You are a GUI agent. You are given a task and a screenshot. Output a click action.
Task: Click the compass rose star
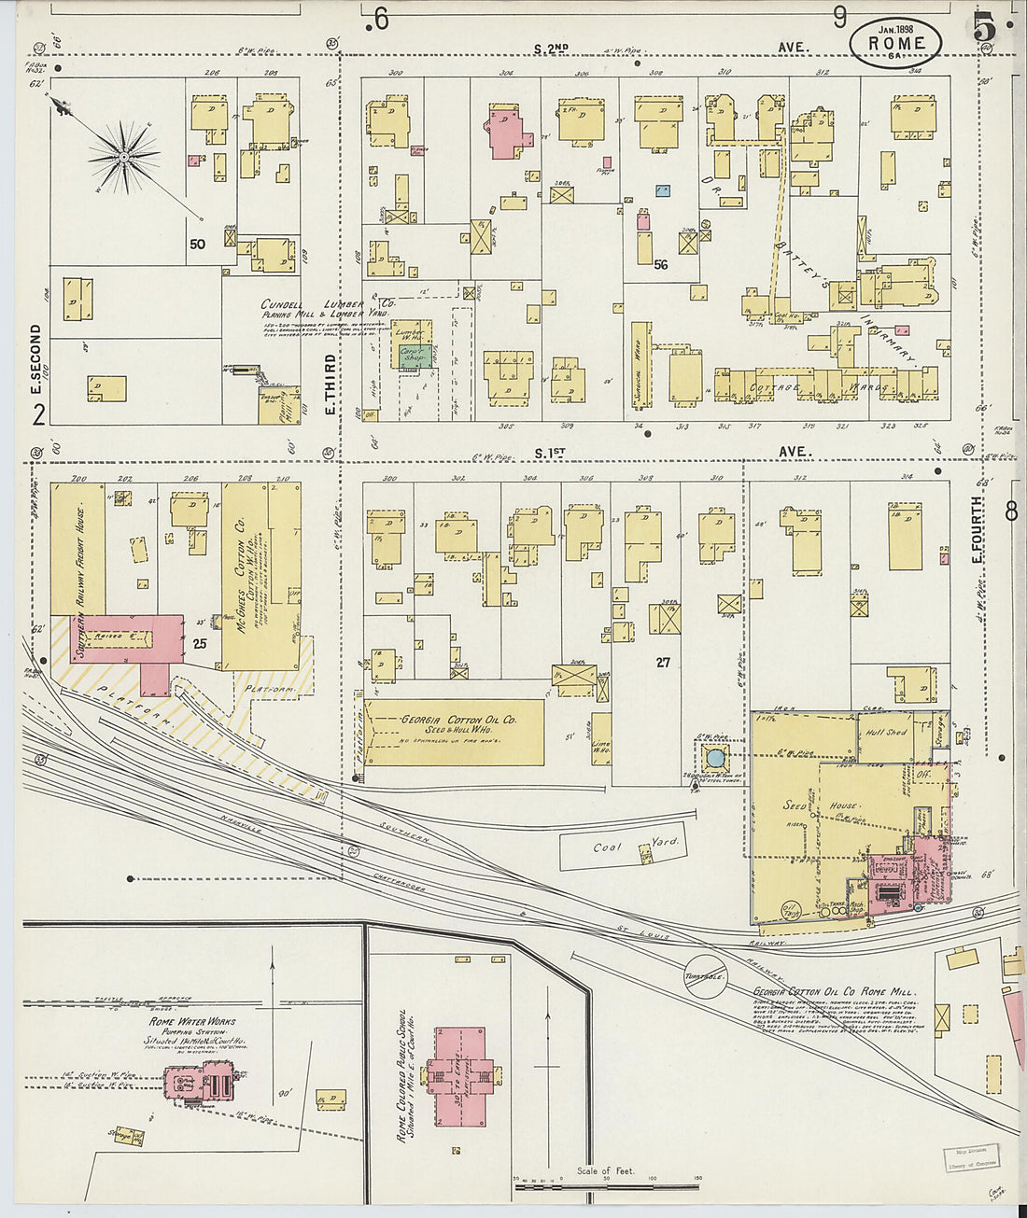[124, 158]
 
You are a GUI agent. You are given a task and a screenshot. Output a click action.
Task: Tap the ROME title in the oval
[895, 43]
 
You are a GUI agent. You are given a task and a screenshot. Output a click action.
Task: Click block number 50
[197, 245]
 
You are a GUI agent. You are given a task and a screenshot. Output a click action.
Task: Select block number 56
[661, 264]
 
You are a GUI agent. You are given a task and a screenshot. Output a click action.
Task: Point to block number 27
[663, 662]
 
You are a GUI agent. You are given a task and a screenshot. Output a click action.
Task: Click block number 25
[199, 644]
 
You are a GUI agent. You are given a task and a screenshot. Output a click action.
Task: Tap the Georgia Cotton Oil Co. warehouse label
[457, 721]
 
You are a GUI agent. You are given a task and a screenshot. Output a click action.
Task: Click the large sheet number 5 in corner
[983, 28]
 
